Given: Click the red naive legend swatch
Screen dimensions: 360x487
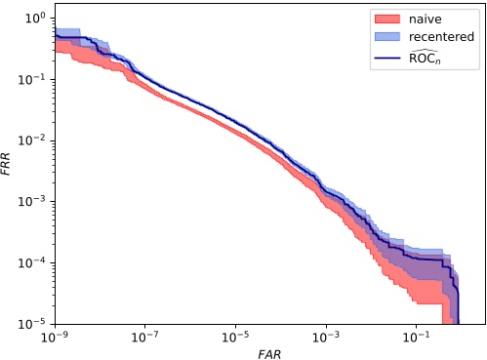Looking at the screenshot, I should point(385,19).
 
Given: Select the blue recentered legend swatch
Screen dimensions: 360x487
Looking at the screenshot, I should point(385,36).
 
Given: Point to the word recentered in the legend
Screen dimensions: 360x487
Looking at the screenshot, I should point(440,36).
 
